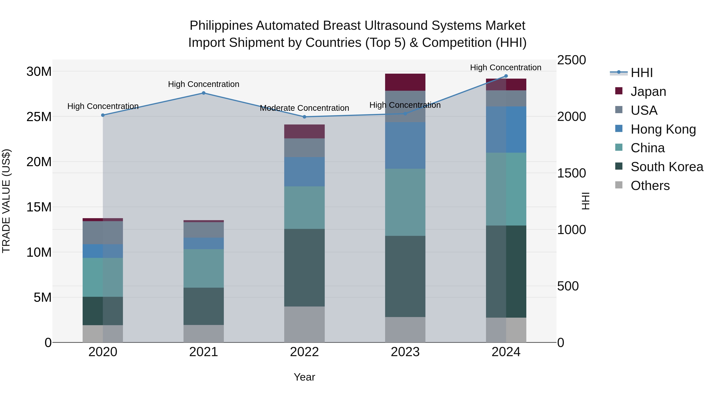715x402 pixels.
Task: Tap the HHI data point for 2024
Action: tap(506, 76)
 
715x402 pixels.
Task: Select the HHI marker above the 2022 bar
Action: tap(304, 117)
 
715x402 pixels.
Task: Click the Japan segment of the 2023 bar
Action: tap(405, 82)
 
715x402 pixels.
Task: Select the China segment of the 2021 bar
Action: tap(203, 268)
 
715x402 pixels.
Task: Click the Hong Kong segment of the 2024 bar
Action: tap(506, 130)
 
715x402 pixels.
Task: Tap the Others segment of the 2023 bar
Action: tap(405, 330)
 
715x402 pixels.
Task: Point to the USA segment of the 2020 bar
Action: tap(103, 232)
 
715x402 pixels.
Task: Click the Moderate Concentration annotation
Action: tap(304, 108)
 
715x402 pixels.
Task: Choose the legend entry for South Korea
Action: tap(667, 167)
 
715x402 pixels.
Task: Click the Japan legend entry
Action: tap(648, 92)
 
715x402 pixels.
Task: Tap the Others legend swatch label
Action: tap(650, 186)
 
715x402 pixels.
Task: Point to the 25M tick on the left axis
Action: tap(39, 117)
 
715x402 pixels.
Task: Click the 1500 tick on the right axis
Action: tap(571, 173)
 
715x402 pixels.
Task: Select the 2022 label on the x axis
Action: tap(304, 352)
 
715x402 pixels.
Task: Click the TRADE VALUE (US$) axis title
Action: tap(6, 201)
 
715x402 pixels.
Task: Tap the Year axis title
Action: tap(304, 377)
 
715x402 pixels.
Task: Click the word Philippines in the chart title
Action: tap(221, 26)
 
